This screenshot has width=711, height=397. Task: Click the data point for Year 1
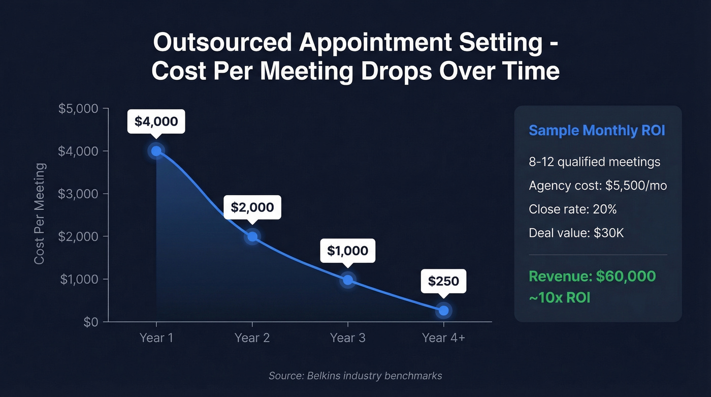point(156,150)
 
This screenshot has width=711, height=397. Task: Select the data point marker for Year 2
point(252,236)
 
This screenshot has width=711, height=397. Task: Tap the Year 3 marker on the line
point(347,280)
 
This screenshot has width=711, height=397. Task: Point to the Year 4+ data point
point(443,310)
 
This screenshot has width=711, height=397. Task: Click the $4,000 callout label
point(156,121)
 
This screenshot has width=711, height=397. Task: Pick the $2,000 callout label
point(252,207)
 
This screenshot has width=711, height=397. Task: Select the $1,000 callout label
point(347,251)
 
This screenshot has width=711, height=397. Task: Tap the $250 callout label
point(443,281)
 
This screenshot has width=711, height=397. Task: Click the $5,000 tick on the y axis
point(80,109)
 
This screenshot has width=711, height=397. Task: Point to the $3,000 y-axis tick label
point(80,194)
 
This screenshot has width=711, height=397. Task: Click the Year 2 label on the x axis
point(252,338)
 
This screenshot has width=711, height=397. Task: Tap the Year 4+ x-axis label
point(443,338)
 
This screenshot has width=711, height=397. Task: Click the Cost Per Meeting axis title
point(40,213)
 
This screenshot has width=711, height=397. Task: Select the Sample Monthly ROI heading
point(597,130)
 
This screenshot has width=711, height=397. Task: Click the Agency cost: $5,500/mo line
point(598,186)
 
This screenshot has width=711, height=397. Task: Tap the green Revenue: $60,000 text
point(592,277)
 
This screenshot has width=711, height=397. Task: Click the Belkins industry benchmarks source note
point(355,376)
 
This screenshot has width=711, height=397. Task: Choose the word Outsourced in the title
point(222,43)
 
